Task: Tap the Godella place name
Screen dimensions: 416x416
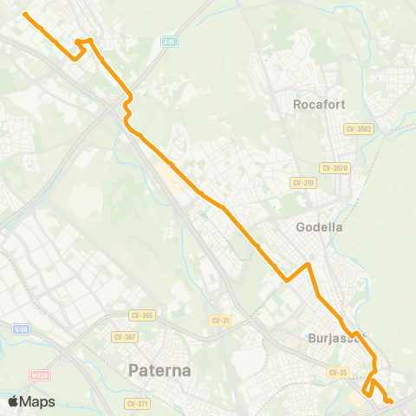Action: (x=320, y=227)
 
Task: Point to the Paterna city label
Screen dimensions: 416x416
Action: (x=159, y=371)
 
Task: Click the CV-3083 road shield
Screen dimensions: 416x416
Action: (x=358, y=129)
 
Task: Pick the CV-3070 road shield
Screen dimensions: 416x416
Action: (x=334, y=167)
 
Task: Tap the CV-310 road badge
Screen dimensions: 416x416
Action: (x=302, y=183)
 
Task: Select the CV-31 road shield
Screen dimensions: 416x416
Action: (x=221, y=321)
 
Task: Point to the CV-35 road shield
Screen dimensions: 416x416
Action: (x=338, y=372)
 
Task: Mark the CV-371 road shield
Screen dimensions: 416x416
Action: (x=137, y=403)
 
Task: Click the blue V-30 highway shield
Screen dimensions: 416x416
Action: (x=21, y=329)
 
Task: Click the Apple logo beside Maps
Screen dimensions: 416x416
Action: (x=13, y=401)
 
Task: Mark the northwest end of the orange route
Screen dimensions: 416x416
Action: (x=25, y=15)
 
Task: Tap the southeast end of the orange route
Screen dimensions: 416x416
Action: (x=391, y=401)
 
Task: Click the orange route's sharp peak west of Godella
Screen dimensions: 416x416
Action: (x=309, y=263)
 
